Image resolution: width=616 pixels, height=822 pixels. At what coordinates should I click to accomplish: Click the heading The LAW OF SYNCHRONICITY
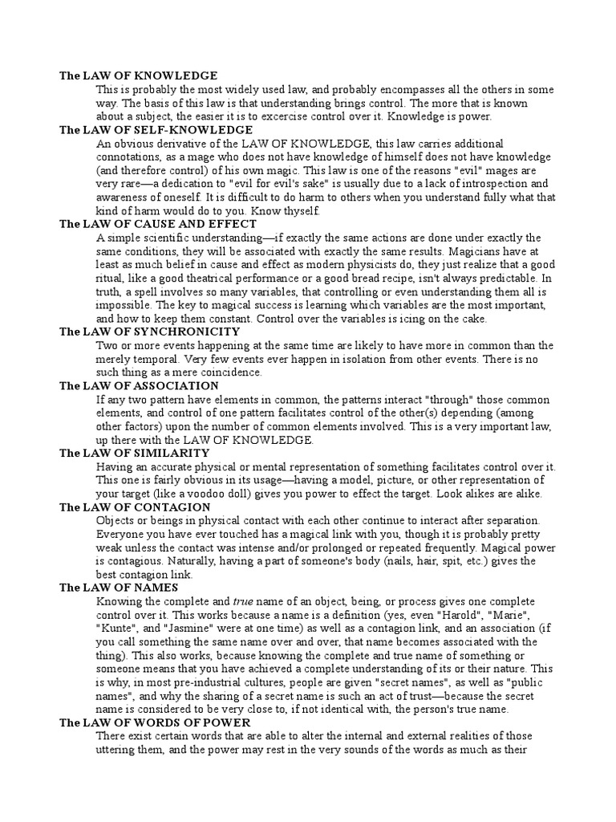tap(149, 332)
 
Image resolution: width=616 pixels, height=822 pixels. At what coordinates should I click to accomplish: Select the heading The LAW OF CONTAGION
tap(135, 507)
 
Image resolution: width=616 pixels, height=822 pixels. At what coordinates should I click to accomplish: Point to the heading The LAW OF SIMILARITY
tap(135, 453)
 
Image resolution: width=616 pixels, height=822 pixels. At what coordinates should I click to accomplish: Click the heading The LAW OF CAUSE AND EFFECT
tap(158, 224)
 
